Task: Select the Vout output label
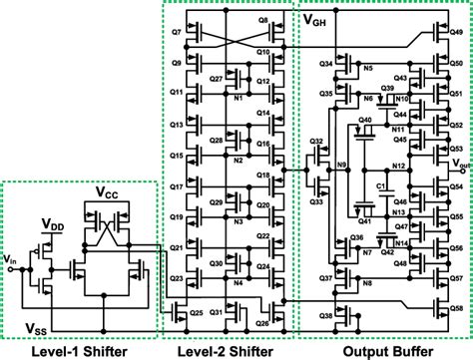[x=461, y=163]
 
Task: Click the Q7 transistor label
[x=176, y=33]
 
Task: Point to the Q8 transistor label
[x=261, y=19]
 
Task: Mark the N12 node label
[x=398, y=165]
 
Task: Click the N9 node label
[x=341, y=164]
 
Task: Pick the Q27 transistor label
[x=217, y=77]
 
